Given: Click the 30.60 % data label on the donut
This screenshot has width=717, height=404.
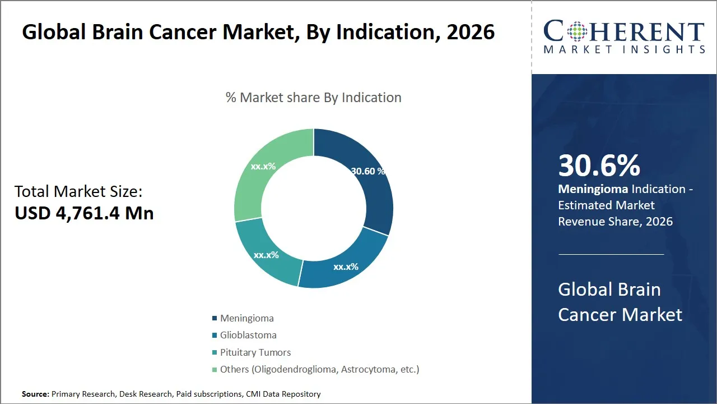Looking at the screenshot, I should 367,172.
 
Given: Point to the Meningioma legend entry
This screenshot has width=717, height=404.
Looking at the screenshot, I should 246,318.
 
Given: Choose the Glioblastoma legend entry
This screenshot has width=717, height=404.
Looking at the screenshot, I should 248,335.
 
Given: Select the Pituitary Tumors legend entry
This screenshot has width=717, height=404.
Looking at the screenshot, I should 255,352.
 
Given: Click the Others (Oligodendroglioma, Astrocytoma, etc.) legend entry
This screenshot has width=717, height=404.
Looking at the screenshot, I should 319,369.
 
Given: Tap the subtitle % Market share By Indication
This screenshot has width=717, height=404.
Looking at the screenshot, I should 313,98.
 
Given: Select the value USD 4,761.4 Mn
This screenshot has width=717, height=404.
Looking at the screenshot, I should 84,213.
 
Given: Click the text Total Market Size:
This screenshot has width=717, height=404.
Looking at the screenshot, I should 78,192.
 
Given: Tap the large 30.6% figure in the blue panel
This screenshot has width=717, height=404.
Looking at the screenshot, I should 599,166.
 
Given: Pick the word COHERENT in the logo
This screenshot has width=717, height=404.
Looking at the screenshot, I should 623,32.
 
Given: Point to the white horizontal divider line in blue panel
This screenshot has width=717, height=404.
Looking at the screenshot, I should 611,254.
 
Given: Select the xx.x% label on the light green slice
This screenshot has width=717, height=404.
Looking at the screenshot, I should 263,167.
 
